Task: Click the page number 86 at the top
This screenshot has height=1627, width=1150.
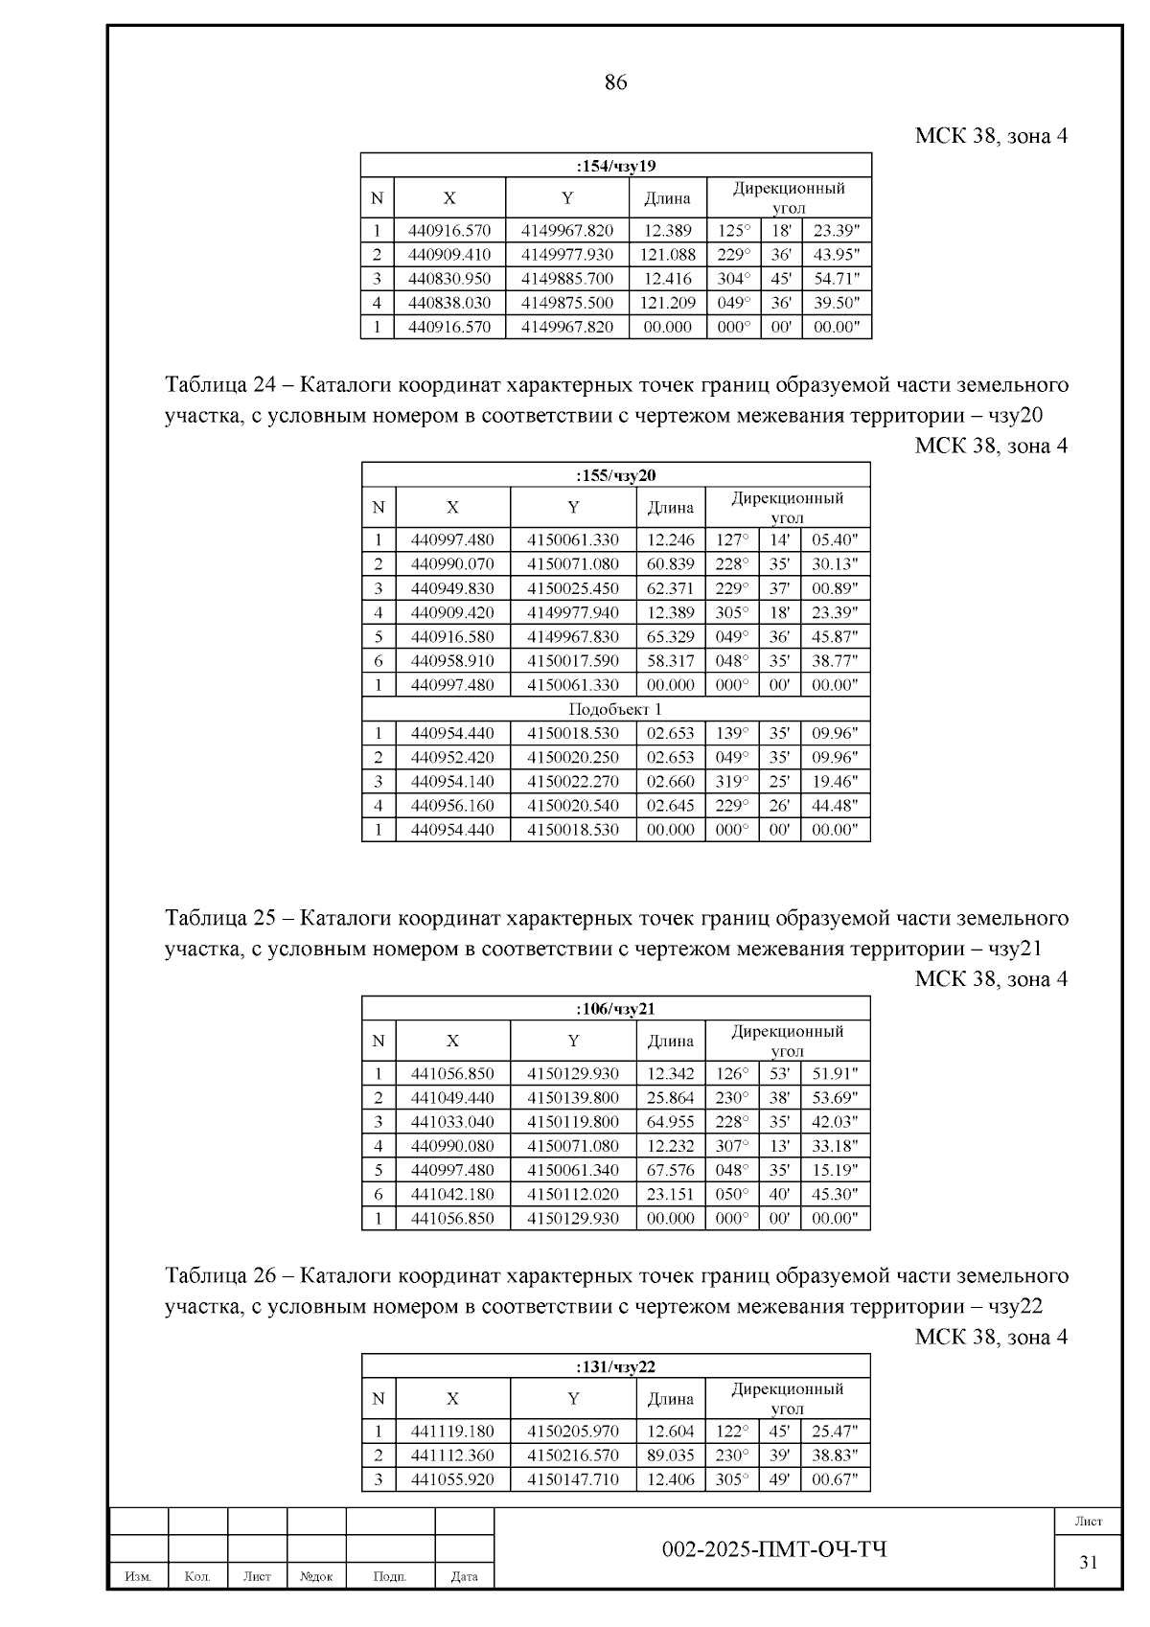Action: [x=615, y=83]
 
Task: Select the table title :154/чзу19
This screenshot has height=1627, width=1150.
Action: [x=615, y=166]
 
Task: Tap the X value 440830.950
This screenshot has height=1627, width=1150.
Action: [x=448, y=279]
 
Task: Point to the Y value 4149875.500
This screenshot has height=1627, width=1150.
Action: [x=567, y=303]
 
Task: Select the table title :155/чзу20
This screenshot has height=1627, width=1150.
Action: [x=615, y=475]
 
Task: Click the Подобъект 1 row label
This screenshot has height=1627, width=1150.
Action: [x=615, y=709]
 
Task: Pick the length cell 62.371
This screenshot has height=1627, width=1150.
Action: [x=670, y=588]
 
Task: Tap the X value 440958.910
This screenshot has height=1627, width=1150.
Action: [x=452, y=660]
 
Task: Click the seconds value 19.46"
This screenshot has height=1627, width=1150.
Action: [x=834, y=781]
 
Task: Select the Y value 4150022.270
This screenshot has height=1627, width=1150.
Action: [x=572, y=781]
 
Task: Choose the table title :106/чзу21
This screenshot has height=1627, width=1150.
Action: [x=615, y=1008]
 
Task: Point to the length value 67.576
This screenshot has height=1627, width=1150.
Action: [x=670, y=1170]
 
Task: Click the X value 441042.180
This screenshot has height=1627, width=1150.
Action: [x=452, y=1194]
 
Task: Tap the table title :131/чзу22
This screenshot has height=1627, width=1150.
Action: [x=615, y=1366]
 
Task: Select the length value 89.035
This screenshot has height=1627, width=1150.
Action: [x=670, y=1455]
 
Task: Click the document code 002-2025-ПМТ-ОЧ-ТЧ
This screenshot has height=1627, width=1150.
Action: [x=774, y=1549]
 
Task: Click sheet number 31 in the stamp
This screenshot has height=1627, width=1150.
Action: [x=1088, y=1563]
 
